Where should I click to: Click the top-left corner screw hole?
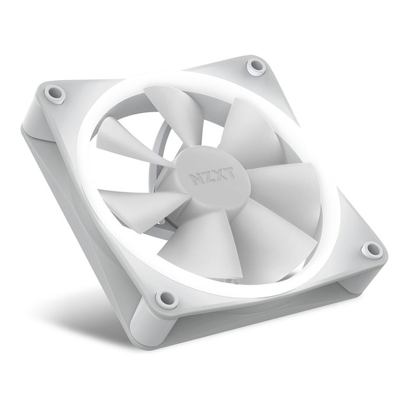pos(56,91)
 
